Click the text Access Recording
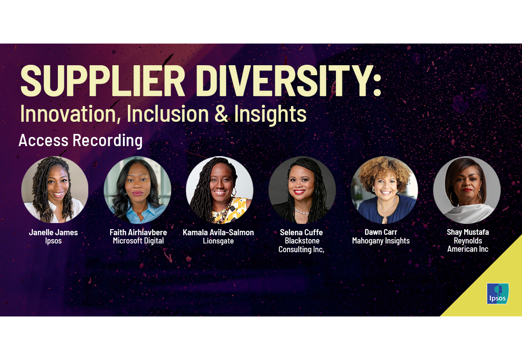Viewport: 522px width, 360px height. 80,140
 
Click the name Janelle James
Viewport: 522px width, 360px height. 54,232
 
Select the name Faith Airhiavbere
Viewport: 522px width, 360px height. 138,232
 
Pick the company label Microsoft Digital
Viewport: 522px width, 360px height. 138,241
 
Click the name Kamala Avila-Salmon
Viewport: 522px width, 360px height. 218,232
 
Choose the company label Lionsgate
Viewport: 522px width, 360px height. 218,241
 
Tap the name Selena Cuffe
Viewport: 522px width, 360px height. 301,232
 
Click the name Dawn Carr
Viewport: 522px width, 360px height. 381,232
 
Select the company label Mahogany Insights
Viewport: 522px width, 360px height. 381,241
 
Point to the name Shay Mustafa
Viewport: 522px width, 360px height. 468,232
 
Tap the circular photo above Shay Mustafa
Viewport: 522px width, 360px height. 467,190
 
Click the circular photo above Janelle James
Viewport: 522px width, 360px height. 55,190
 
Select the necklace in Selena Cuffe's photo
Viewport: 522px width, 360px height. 302,212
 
